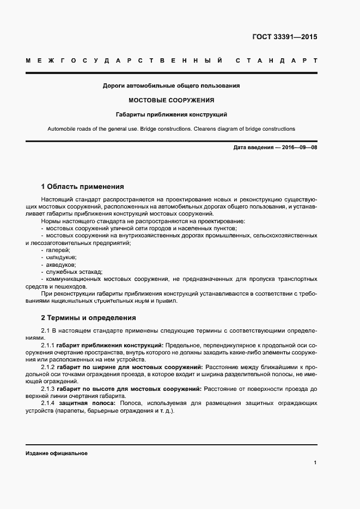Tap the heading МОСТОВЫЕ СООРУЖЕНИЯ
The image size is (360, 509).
click(x=171, y=100)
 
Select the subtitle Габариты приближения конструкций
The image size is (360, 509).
click(x=171, y=115)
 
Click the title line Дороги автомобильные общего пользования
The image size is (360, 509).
click(x=171, y=85)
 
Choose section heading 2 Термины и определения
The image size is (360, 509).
click(x=88, y=317)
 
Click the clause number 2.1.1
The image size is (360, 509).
click(x=48, y=346)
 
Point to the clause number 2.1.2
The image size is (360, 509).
click(x=48, y=367)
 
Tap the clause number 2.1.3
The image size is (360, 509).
click(x=48, y=389)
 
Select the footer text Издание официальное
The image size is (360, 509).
click(x=56, y=453)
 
